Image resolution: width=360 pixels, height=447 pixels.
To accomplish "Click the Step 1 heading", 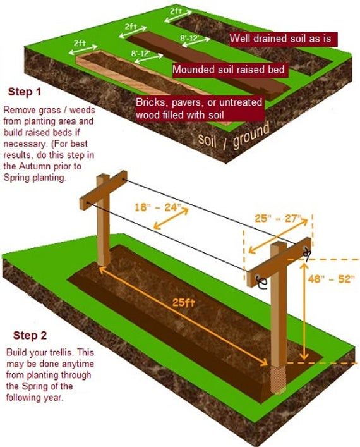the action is click(25, 92).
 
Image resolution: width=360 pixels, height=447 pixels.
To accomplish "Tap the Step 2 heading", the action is click(30, 335).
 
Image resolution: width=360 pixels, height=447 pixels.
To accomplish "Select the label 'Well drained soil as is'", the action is click(284, 39).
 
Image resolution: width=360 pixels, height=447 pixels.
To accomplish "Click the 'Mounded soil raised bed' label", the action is click(231, 70).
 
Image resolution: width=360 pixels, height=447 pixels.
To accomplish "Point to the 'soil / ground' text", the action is click(234, 137).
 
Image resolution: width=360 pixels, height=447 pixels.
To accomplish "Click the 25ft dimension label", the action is click(183, 302).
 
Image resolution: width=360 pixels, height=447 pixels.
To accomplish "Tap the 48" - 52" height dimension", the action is click(332, 279).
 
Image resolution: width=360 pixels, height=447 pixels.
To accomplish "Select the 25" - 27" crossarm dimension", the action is click(278, 218).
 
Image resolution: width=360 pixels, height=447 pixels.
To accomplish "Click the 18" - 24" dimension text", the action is click(158, 207).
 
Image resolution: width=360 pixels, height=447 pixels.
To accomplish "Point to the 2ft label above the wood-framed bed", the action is click(80, 43).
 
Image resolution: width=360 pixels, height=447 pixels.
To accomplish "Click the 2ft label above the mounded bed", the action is click(131, 27).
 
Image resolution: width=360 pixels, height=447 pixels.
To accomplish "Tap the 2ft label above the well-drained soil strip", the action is click(176, 11).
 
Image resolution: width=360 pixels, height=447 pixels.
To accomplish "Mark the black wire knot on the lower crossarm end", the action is click(261, 283).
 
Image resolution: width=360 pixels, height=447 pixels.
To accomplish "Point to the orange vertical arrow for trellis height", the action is click(304, 311).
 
